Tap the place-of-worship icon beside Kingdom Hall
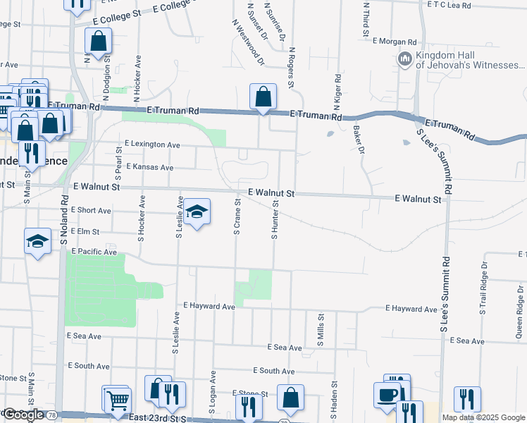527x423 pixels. point(405,59)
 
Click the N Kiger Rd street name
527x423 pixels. point(337,92)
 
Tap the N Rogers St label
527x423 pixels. point(290,68)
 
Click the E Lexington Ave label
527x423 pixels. point(152,144)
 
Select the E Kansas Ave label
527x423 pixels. point(150,167)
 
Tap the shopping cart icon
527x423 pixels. point(116,400)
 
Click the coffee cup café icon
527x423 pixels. point(387,396)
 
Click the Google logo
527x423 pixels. point(23,415)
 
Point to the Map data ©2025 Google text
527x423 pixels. point(483,417)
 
